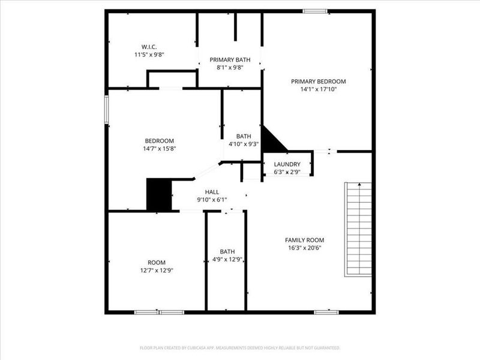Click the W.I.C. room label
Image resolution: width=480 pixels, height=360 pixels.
(149, 46)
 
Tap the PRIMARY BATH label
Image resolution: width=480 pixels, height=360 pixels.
(230, 59)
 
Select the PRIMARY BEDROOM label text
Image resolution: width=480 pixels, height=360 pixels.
(319, 81)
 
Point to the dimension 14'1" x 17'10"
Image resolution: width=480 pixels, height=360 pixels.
(319, 89)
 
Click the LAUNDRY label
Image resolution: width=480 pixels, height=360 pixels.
(287, 164)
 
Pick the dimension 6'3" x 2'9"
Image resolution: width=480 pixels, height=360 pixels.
(287, 172)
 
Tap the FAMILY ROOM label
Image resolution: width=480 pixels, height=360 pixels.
(304, 239)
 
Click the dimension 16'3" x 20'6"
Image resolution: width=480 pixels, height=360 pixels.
(304, 248)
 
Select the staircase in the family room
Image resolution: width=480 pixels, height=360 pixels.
(358, 229)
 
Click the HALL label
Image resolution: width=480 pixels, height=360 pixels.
(212, 191)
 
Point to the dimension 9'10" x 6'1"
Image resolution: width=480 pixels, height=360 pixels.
(212, 199)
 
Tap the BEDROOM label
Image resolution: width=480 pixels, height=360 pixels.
(159, 140)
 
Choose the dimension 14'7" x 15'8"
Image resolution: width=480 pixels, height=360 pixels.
(159, 148)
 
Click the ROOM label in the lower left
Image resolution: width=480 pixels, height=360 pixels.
(157, 262)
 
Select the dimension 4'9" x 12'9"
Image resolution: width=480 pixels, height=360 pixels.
(227, 260)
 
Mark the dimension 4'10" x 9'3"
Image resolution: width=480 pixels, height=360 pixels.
(244, 144)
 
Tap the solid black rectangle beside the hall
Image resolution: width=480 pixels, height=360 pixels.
(159, 194)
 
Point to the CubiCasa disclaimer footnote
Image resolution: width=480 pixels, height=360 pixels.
(240, 347)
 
